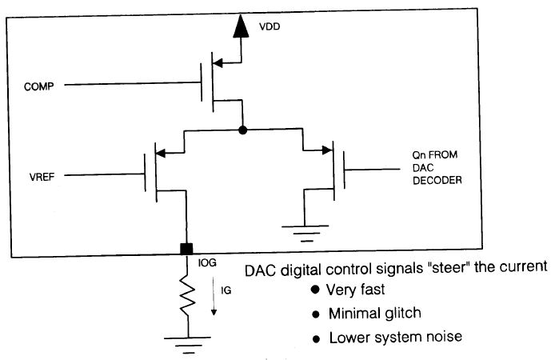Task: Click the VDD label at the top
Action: (x=270, y=27)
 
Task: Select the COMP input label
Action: (x=40, y=86)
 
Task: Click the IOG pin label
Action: (x=206, y=260)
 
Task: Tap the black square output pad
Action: (x=186, y=250)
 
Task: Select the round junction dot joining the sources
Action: (x=242, y=129)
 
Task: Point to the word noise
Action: (x=445, y=337)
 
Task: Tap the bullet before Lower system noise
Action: (x=316, y=337)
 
